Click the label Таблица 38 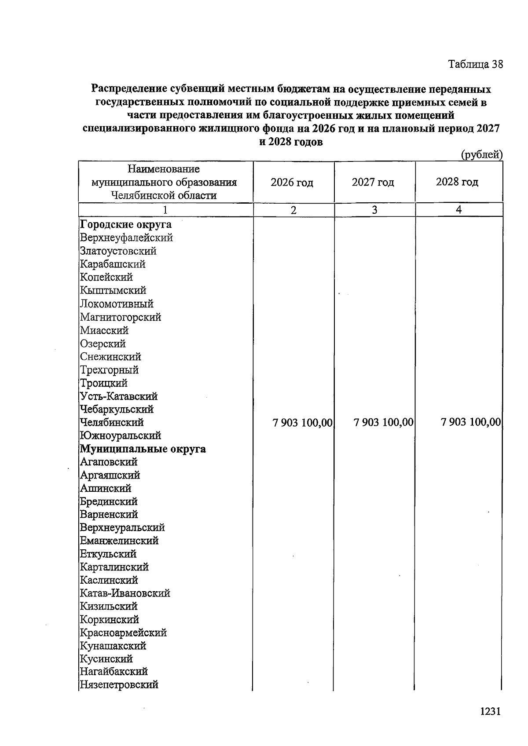tap(475, 64)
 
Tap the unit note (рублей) tap(481, 154)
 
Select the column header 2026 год tap(292, 182)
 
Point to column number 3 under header tap(374, 210)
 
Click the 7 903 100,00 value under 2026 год tap(302, 423)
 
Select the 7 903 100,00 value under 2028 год tap(470, 422)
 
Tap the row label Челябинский tap(112, 422)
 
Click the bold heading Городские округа tap(126, 225)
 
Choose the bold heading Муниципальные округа tap(143, 449)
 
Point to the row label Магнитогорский tap(121, 317)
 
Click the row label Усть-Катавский tap(119, 396)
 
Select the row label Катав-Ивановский tap(125, 593)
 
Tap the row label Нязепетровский tap(119, 685)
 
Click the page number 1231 tap(490, 712)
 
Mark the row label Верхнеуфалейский tap(126, 238)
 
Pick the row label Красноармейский tap(123, 633)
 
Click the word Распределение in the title tap(127, 89)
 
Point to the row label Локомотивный tap(117, 304)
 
